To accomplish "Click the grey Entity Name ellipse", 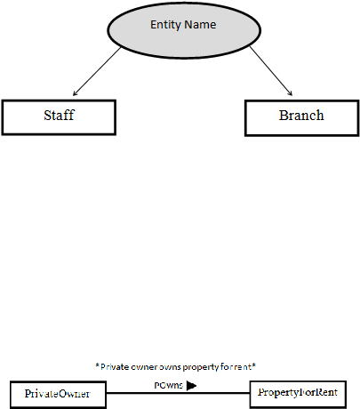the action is pyautogui.click(x=184, y=30).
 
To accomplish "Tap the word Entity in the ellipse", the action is pyautogui.click(x=165, y=25).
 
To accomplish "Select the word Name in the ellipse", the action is pyautogui.click(x=200, y=25).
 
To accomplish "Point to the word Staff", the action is pyautogui.click(x=59, y=115).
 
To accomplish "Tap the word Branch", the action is pyautogui.click(x=301, y=116).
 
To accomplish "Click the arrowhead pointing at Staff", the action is pyautogui.click(x=76, y=93).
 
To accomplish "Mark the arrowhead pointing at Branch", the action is pyautogui.click(x=290, y=93).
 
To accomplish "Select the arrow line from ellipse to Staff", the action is pyautogui.click(x=97, y=71).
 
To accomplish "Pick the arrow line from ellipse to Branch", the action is pyautogui.click(x=271, y=71).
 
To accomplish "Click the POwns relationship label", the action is pyautogui.click(x=169, y=385).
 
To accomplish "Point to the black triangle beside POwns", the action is pyautogui.click(x=192, y=385).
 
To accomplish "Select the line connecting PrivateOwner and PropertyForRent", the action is pyautogui.click(x=178, y=393).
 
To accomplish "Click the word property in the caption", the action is pyautogui.click(x=201, y=367).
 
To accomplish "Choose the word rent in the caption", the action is pyautogui.click(x=243, y=367).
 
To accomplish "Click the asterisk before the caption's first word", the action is pyautogui.click(x=98, y=365).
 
